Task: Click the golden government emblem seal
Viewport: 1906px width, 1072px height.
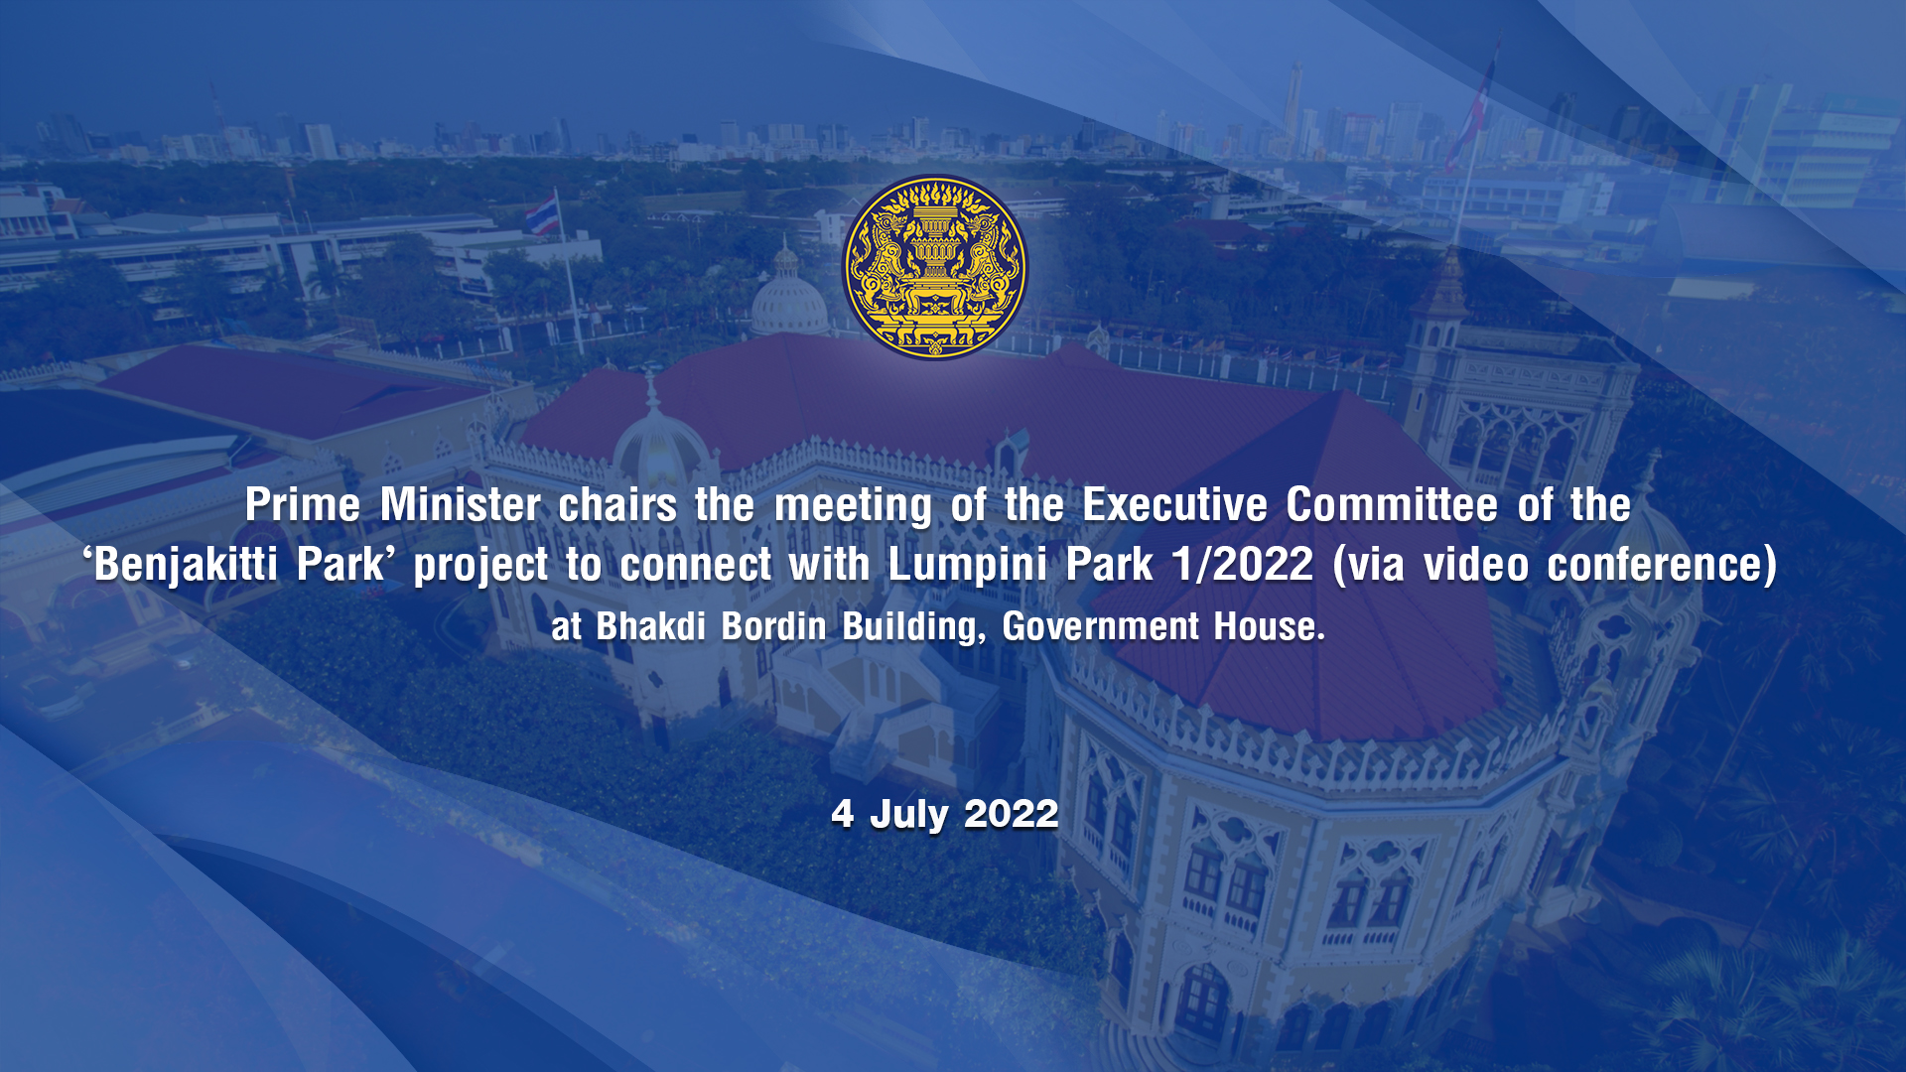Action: point(935,267)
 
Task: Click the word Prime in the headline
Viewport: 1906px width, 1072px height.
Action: point(303,505)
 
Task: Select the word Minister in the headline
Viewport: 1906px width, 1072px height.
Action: point(461,505)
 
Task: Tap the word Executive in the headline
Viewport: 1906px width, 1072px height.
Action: point(1174,505)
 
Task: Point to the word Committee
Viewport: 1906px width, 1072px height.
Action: point(1392,505)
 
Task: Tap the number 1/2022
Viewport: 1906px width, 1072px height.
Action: point(1243,565)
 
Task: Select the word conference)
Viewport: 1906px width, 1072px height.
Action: point(1662,566)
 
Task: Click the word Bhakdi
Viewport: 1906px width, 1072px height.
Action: point(651,627)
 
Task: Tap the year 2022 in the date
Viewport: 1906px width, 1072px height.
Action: point(1011,814)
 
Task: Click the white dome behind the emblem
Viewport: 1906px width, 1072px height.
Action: point(788,298)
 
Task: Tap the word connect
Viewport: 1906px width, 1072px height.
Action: point(695,566)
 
